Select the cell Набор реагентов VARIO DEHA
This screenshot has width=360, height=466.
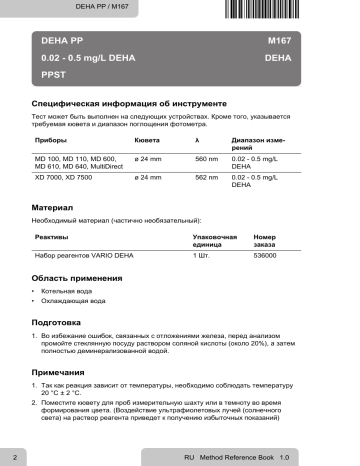tap(82, 256)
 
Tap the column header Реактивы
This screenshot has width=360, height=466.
tap(52, 236)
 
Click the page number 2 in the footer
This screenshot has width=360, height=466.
tap(12, 456)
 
